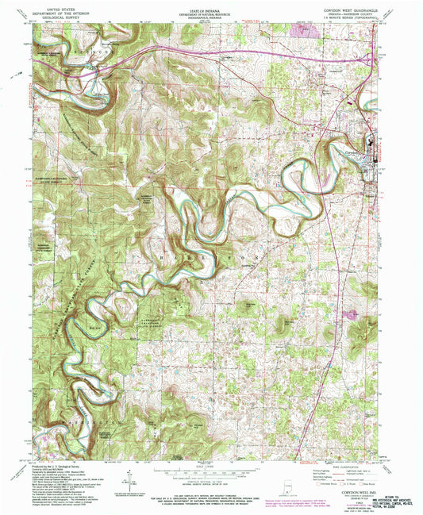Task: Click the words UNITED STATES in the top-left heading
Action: click(x=67, y=4)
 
